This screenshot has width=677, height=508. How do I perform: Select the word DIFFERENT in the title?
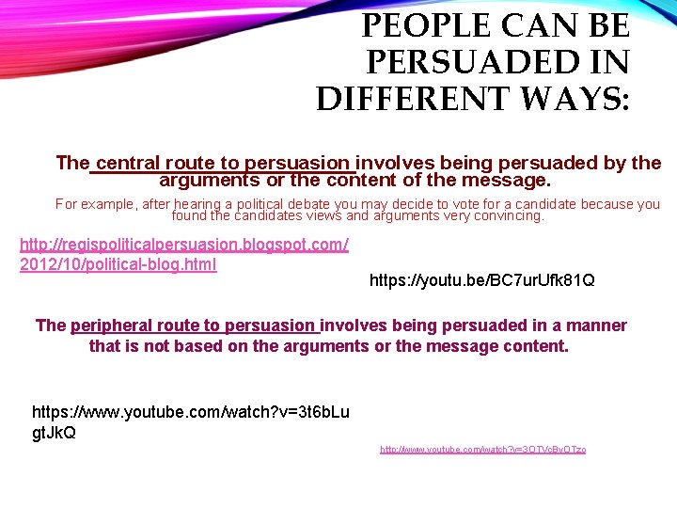(x=422, y=99)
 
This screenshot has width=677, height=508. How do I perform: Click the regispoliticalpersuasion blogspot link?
(x=184, y=246)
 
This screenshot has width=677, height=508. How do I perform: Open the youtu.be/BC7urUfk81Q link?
(x=482, y=280)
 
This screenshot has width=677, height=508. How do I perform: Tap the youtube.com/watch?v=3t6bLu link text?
(x=191, y=412)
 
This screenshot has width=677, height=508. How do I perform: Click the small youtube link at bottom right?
(x=482, y=450)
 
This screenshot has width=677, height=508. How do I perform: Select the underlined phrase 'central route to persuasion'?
(x=223, y=163)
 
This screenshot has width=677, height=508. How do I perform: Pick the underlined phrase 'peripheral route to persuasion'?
(x=193, y=325)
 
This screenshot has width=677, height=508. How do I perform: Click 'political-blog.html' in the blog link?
(x=150, y=264)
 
